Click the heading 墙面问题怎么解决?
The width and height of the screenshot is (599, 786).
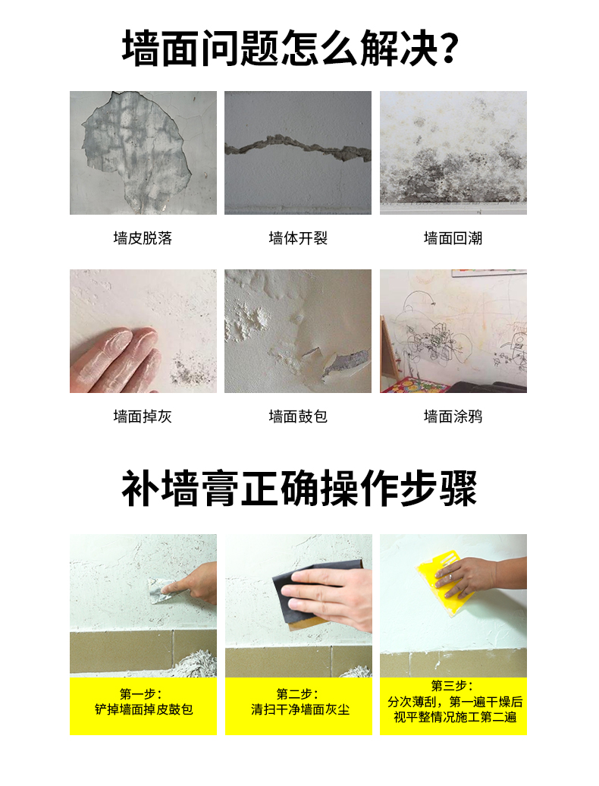290,48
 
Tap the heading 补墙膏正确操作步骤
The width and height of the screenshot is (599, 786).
299,488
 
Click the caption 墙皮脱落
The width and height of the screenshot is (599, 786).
143,237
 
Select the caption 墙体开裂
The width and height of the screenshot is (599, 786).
298,237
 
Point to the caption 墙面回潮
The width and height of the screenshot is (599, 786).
453,237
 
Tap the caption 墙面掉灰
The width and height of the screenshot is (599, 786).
143,416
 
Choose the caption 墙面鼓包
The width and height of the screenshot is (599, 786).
298,416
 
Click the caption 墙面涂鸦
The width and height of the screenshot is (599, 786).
453,416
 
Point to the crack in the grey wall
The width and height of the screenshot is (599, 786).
298,149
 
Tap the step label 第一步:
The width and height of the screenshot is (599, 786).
141,693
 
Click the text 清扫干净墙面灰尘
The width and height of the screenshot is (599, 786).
300,709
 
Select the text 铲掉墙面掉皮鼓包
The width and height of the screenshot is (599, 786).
144,709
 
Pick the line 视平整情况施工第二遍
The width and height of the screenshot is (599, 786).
455,717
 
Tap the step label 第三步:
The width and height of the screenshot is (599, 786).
452,685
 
